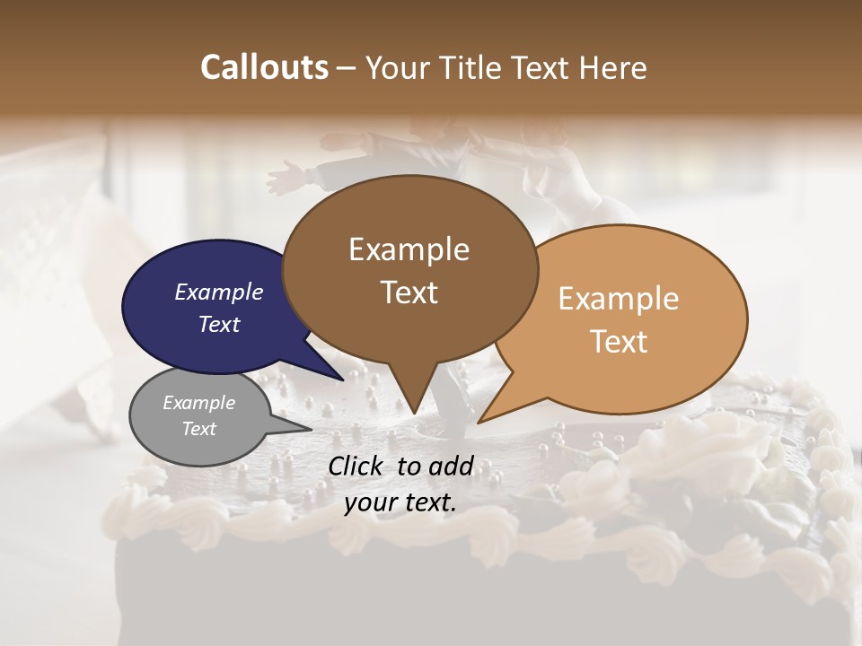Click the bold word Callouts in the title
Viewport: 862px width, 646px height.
tap(264, 67)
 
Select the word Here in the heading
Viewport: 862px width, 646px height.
tap(611, 67)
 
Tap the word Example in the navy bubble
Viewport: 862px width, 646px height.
tap(219, 292)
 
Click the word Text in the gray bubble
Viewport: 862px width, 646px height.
tap(199, 429)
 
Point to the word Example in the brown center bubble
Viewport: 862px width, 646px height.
tap(409, 249)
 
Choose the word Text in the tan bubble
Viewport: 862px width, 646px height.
tap(620, 342)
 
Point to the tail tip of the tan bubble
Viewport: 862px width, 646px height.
tap(482, 420)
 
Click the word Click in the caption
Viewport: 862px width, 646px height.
tap(357, 466)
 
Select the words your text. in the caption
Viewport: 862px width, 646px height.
tap(400, 502)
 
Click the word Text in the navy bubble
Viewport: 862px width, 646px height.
tap(219, 324)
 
